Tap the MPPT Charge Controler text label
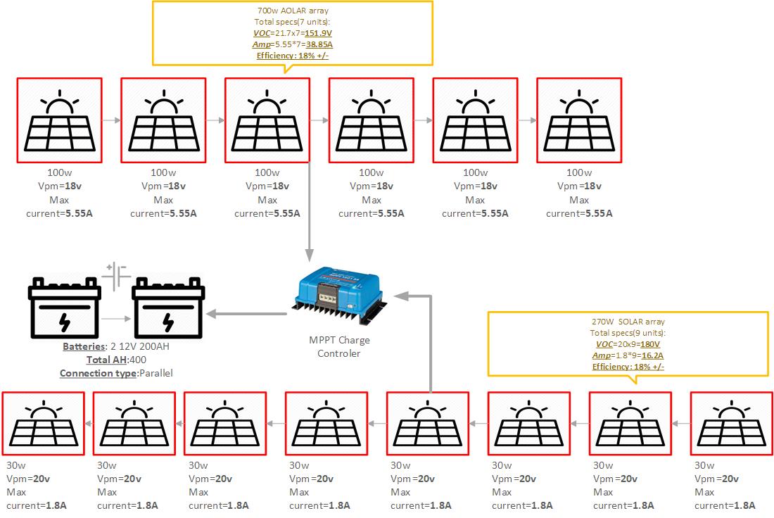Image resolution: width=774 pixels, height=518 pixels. pyautogui.click(x=340, y=347)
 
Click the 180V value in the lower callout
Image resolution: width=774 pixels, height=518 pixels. pyautogui.click(x=649, y=344)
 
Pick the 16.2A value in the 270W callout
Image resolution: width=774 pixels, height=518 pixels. pyautogui.click(x=652, y=355)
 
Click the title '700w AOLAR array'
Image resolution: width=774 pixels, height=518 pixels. pyautogui.click(x=293, y=11)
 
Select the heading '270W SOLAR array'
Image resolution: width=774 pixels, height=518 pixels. pyautogui.click(x=628, y=322)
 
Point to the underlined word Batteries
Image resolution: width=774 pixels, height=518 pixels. pyautogui.click(x=84, y=346)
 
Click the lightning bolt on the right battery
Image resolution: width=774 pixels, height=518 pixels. pyautogui.click(x=167, y=322)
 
